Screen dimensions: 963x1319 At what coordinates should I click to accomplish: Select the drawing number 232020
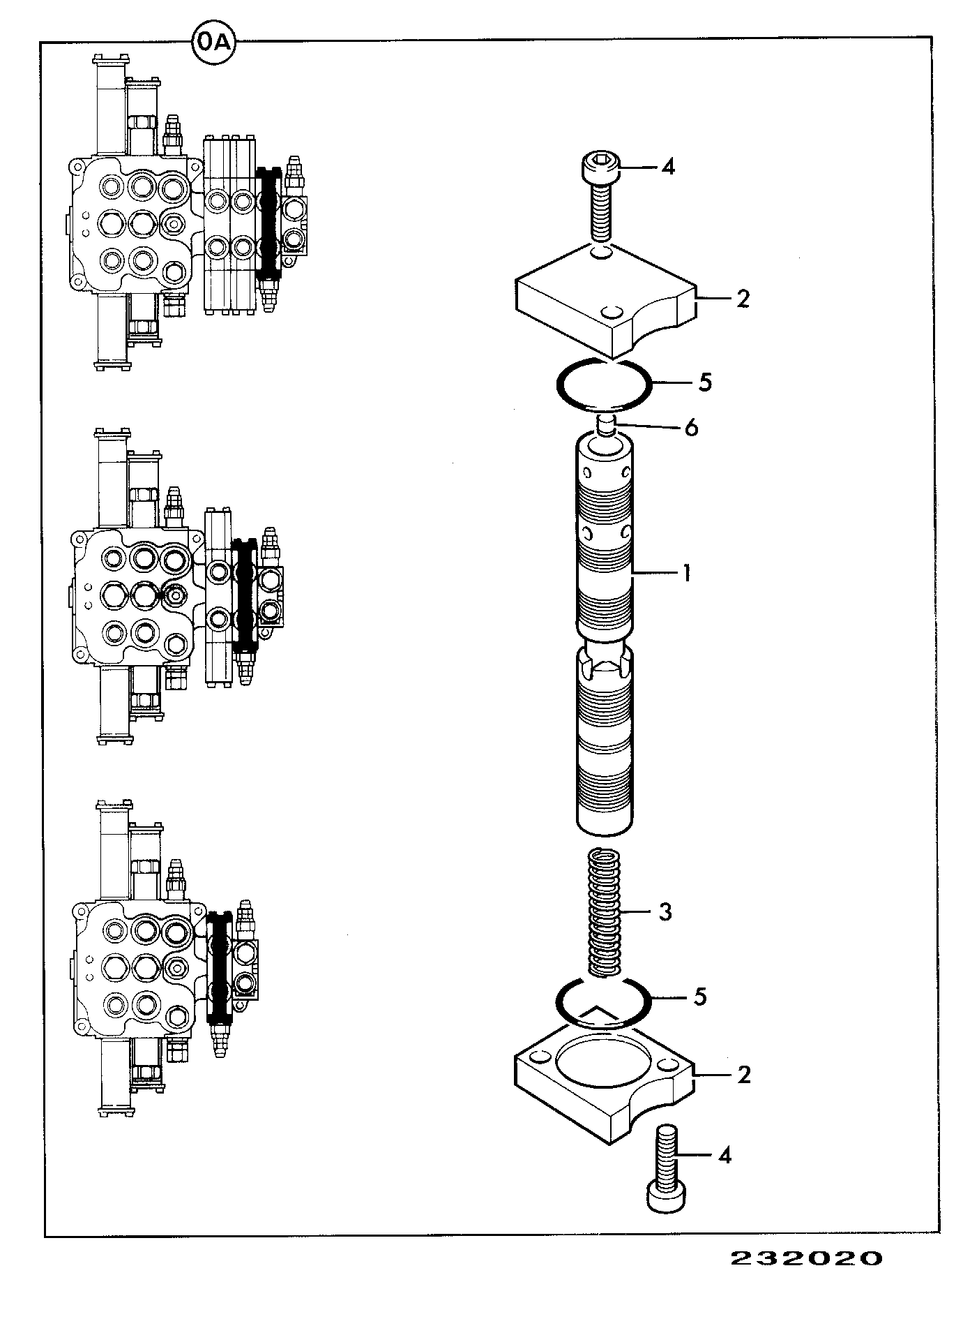(806, 1259)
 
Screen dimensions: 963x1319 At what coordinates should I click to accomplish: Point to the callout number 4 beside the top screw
(668, 167)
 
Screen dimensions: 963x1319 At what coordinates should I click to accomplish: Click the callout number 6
(690, 427)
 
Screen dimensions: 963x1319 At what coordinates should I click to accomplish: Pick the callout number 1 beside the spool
(686, 574)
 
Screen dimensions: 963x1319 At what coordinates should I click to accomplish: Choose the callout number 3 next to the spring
(665, 911)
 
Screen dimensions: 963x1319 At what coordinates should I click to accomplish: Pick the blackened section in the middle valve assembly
(244, 595)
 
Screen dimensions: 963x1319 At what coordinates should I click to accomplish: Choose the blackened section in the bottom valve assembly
(220, 967)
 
